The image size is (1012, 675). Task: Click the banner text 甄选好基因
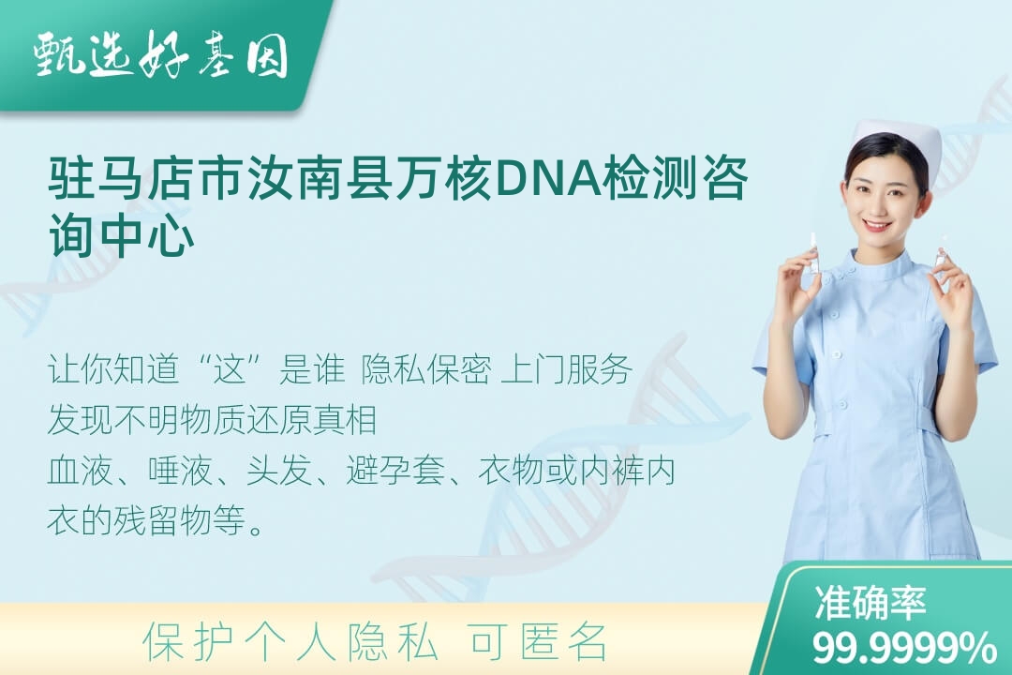[161, 55]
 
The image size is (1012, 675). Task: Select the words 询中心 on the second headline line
[122, 235]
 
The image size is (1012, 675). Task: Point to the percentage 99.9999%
[904, 647]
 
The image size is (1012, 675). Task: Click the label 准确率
[870, 603]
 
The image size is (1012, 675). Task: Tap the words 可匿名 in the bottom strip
[538, 642]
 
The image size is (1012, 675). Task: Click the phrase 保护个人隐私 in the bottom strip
[290, 642]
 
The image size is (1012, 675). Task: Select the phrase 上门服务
[566, 369]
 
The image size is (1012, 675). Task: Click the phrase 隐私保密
[426, 369]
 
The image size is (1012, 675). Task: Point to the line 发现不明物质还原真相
[213, 420]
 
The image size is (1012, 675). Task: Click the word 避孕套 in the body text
[395, 471]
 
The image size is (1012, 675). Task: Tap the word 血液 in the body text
[81, 471]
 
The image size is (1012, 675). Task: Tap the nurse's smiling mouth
[877, 225]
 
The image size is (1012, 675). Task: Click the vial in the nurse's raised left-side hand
[814, 253]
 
